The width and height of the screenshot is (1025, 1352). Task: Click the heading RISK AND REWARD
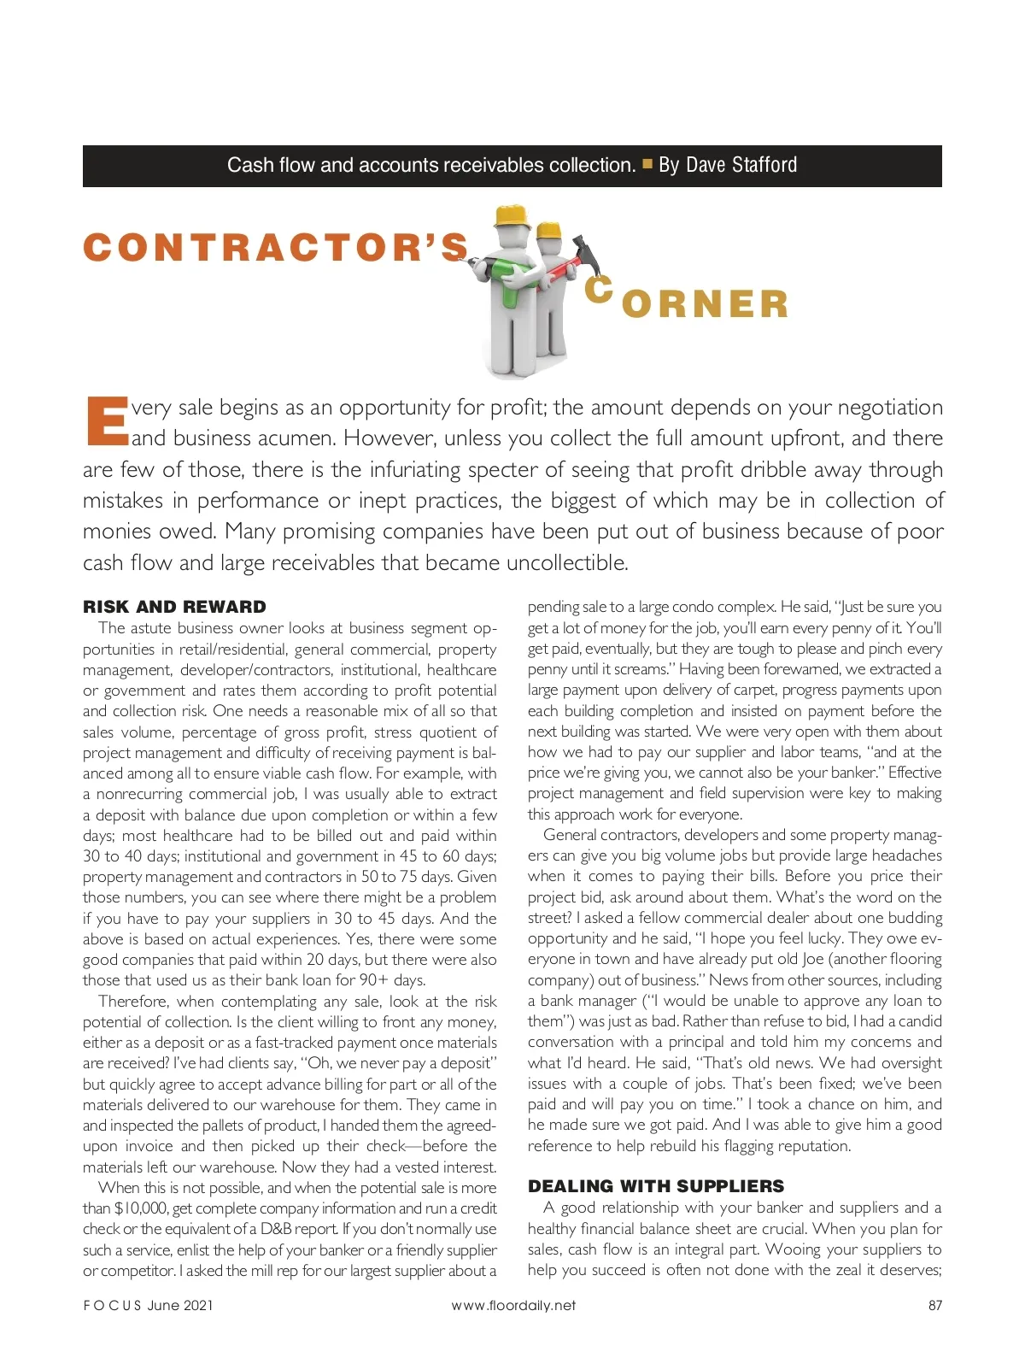click(x=174, y=607)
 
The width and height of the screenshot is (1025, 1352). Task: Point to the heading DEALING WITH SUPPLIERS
click(x=655, y=1186)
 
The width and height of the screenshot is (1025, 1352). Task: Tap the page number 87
click(x=934, y=1305)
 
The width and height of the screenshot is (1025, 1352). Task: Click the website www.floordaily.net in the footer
click(x=513, y=1305)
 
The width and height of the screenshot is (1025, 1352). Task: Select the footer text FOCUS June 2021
click(x=148, y=1305)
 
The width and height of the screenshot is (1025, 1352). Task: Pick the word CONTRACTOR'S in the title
click(x=276, y=248)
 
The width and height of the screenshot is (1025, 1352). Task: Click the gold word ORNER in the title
click(x=705, y=305)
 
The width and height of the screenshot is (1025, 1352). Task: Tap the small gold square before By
click(x=647, y=163)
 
